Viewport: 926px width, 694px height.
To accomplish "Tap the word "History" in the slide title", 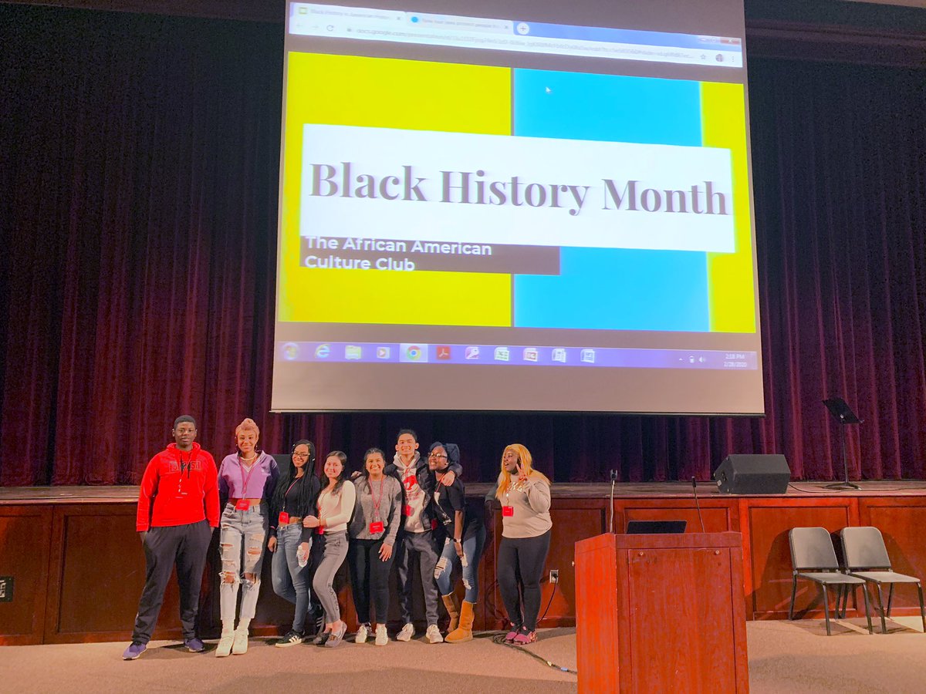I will [x=515, y=190].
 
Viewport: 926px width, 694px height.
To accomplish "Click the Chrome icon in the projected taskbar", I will [x=414, y=352].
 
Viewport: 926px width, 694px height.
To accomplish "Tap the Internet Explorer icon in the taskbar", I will [x=323, y=352].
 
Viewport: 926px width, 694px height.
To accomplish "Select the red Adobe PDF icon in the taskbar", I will [x=443, y=353].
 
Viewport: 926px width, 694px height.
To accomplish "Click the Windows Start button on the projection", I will [x=291, y=351].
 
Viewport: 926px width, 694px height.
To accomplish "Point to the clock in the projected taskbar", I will [x=734, y=359].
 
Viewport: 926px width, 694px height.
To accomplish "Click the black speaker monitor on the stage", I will [x=751, y=473].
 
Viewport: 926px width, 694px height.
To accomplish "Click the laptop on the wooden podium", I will [x=655, y=527].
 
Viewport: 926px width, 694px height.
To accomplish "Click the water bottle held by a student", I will [x=302, y=552].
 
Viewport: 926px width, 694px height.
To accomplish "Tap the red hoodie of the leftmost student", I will [x=178, y=487].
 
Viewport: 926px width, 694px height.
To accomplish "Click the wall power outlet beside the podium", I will [x=553, y=576].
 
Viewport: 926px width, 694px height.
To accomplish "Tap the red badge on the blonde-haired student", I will [x=508, y=510].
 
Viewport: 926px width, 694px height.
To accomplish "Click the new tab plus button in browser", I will [x=522, y=28].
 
